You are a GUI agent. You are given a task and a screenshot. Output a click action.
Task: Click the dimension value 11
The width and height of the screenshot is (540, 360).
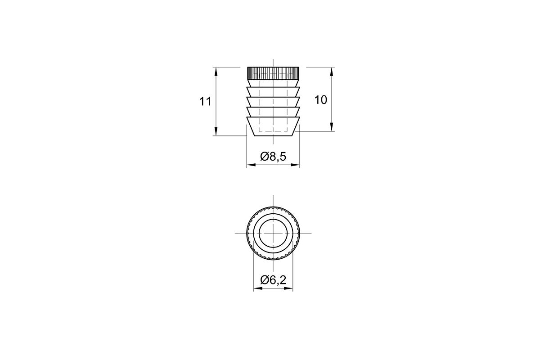[205, 102]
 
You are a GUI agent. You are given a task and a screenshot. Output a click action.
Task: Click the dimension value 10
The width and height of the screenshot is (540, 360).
[320, 100]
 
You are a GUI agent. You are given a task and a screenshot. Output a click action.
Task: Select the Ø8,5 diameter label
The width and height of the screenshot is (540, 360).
[273, 157]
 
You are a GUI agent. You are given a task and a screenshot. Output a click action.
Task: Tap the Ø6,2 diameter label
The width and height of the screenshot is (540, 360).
[273, 280]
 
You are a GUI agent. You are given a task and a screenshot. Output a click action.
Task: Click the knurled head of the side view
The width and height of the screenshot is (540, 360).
[273, 73]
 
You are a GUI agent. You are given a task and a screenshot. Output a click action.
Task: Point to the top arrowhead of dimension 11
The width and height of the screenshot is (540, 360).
[216, 72]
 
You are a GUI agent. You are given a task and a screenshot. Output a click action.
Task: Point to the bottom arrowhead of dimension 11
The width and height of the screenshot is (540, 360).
[216, 131]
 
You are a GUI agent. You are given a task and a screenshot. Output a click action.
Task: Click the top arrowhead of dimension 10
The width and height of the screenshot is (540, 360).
[332, 72]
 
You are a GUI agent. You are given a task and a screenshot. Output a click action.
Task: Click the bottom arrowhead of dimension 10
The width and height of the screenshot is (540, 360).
[332, 127]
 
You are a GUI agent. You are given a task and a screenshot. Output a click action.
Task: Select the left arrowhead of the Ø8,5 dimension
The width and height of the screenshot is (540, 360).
[251, 165]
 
